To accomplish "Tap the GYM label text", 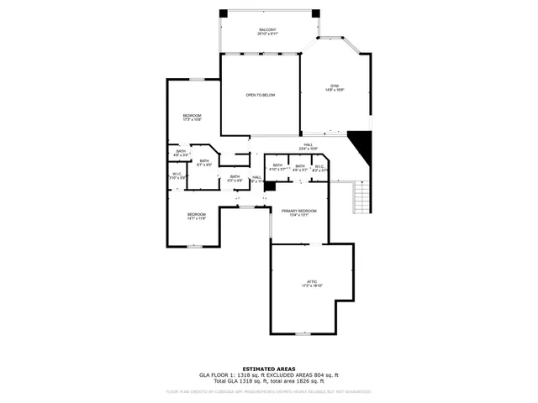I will (x=334, y=87).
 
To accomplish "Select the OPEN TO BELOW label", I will (x=261, y=95).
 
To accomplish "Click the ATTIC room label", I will (x=312, y=283).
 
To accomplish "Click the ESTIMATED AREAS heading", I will (x=268, y=369).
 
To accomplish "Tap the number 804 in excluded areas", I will (x=314, y=374).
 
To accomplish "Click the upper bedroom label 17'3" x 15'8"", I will (x=193, y=118).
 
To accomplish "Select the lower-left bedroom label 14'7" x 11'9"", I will (x=196, y=216).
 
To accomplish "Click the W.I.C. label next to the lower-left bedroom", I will (x=177, y=176).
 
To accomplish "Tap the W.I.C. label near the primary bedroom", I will (x=319, y=167).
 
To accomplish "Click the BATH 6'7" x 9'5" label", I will (x=204, y=162).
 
